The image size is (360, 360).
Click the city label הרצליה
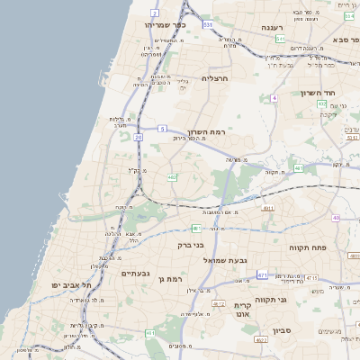point(216,78)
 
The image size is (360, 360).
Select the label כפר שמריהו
point(164,25)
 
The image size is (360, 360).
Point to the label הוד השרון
point(331,94)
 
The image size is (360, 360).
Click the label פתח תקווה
point(307,247)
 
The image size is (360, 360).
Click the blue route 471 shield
point(262,274)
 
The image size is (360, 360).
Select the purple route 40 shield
point(336,218)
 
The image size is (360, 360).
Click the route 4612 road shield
point(219,304)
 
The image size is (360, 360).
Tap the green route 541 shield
point(281,40)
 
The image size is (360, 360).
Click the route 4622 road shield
point(262,340)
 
